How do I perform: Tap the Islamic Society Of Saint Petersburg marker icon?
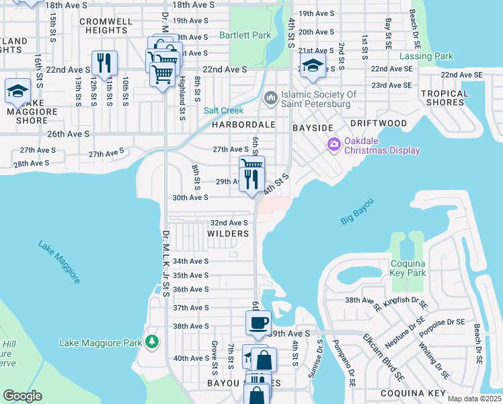(x=270, y=98)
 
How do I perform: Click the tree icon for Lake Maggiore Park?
(x=152, y=342)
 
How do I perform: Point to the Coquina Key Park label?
(x=408, y=269)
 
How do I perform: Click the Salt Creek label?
(x=223, y=110)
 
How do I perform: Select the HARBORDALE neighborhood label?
(x=244, y=125)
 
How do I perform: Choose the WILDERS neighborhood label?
(x=228, y=234)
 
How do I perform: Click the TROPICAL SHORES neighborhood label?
(x=444, y=98)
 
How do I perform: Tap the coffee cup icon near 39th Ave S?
(x=259, y=322)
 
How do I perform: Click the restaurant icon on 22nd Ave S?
(x=104, y=63)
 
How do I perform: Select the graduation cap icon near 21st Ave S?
(x=313, y=65)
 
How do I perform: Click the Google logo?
(x=22, y=395)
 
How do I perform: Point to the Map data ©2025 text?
(x=473, y=399)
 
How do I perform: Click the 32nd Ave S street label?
(x=229, y=223)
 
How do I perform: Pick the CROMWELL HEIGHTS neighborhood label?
(x=106, y=26)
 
